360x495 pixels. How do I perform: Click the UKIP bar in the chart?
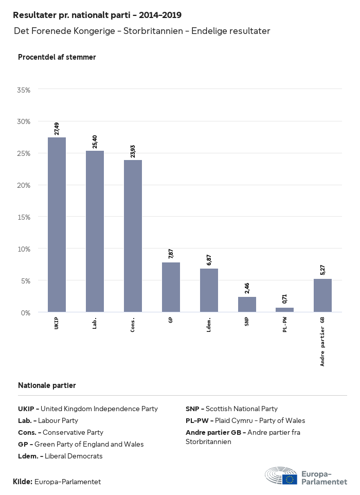[x=57, y=224]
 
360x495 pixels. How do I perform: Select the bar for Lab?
[x=95, y=231]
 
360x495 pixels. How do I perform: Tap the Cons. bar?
[x=133, y=236]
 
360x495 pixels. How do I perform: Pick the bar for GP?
[x=171, y=287]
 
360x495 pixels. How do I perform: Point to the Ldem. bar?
[x=209, y=290]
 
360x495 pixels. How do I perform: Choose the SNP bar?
[x=247, y=304]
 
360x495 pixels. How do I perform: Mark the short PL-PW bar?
[x=284, y=310]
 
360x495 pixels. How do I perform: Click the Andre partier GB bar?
[x=322, y=295]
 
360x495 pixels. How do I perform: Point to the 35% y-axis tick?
[x=24, y=90]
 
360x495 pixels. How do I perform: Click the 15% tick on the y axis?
[x=24, y=217]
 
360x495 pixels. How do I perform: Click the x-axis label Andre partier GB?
[x=323, y=341]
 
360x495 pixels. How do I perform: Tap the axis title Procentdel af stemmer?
[x=57, y=57]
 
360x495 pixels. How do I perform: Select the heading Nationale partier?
[x=47, y=385]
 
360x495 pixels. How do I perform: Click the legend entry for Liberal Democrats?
[x=60, y=456]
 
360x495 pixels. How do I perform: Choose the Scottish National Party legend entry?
[x=231, y=409]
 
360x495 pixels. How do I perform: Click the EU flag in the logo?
[x=290, y=480]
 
